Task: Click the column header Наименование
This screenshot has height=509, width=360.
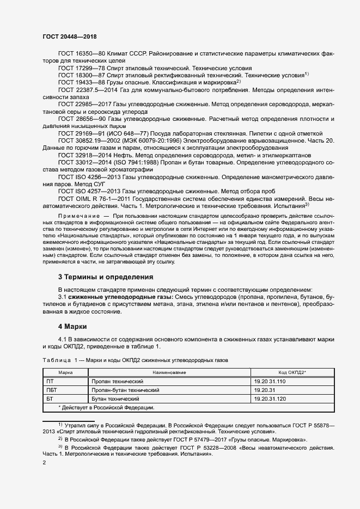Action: (x=169, y=372)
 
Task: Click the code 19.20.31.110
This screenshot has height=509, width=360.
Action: (x=270, y=382)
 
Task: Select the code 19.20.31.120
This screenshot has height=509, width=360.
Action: (x=270, y=398)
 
